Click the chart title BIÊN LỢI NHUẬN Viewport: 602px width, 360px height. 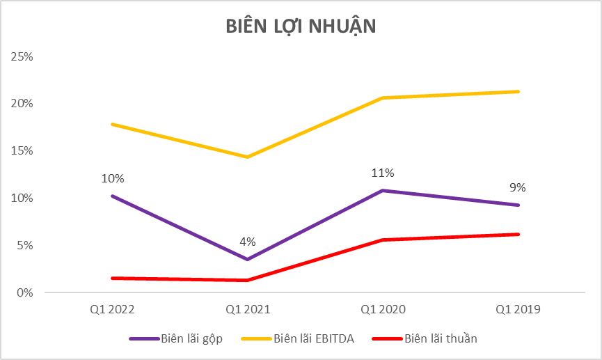[301, 26]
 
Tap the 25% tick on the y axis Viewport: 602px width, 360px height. [22, 56]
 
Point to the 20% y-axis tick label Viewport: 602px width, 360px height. [22, 104]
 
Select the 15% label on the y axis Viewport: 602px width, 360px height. [22, 151]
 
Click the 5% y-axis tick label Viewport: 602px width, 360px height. [24, 246]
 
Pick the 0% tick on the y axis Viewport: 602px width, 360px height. [24, 292]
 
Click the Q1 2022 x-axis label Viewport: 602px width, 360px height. [111, 309]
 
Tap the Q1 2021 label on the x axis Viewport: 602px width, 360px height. [247, 309]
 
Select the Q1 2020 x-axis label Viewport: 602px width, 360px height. [383, 309]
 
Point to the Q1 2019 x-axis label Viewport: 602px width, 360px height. [518, 309]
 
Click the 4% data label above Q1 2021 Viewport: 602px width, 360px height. [247, 242]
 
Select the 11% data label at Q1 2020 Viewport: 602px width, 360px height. [383, 173]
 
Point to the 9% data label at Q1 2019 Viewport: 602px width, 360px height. [517, 187]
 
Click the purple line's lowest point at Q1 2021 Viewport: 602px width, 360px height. [247, 259]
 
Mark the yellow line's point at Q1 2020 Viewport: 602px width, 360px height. [383, 98]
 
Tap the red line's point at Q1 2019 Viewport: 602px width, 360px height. [518, 235]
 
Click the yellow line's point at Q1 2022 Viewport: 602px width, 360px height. [111, 124]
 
